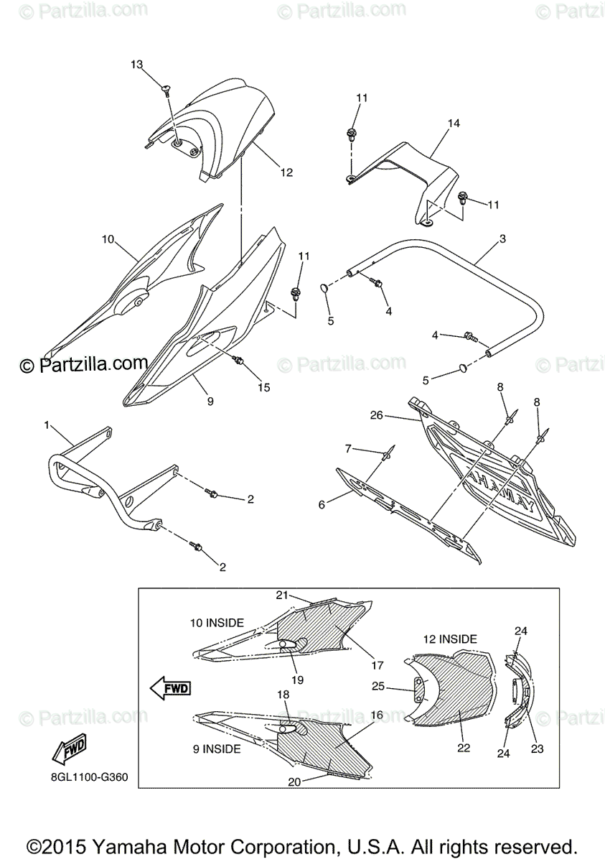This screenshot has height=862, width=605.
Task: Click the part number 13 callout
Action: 137,65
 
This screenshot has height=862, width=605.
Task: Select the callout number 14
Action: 454,124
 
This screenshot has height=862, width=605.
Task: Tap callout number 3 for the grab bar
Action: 502,238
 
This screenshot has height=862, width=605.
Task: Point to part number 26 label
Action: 377,414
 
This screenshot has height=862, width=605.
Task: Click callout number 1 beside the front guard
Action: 47,425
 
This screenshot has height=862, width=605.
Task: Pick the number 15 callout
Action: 264,387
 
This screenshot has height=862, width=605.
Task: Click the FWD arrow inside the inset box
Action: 170,688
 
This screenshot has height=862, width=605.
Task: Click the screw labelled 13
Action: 167,88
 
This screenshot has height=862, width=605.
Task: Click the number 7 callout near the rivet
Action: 349,448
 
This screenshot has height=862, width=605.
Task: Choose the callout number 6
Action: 322,504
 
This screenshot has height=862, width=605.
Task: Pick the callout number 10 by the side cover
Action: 108,238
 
